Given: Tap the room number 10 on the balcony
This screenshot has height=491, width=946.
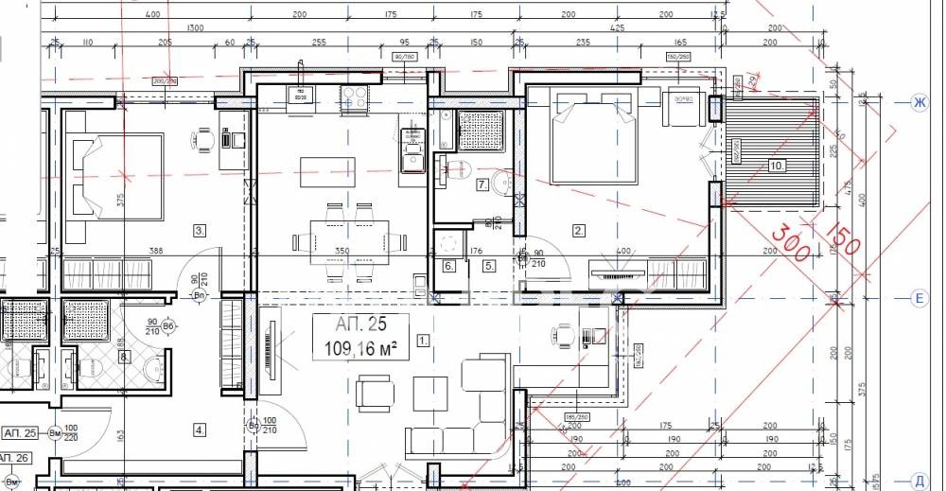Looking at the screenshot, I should tap(776, 166).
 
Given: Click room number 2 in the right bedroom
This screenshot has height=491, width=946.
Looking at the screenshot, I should tap(579, 229).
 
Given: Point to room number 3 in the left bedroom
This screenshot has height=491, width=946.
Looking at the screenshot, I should tap(199, 229).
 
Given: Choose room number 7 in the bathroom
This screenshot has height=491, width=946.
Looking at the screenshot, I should tap(482, 184).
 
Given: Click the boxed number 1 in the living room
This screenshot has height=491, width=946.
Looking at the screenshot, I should tap(423, 338).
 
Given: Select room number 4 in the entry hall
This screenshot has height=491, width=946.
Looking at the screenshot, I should tap(199, 430).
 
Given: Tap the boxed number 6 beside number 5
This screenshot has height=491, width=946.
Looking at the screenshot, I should tap(449, 266).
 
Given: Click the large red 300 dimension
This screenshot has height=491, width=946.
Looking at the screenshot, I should tap(790, 242).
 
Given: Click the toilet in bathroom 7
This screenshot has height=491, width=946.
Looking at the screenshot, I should tap(502, 184).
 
